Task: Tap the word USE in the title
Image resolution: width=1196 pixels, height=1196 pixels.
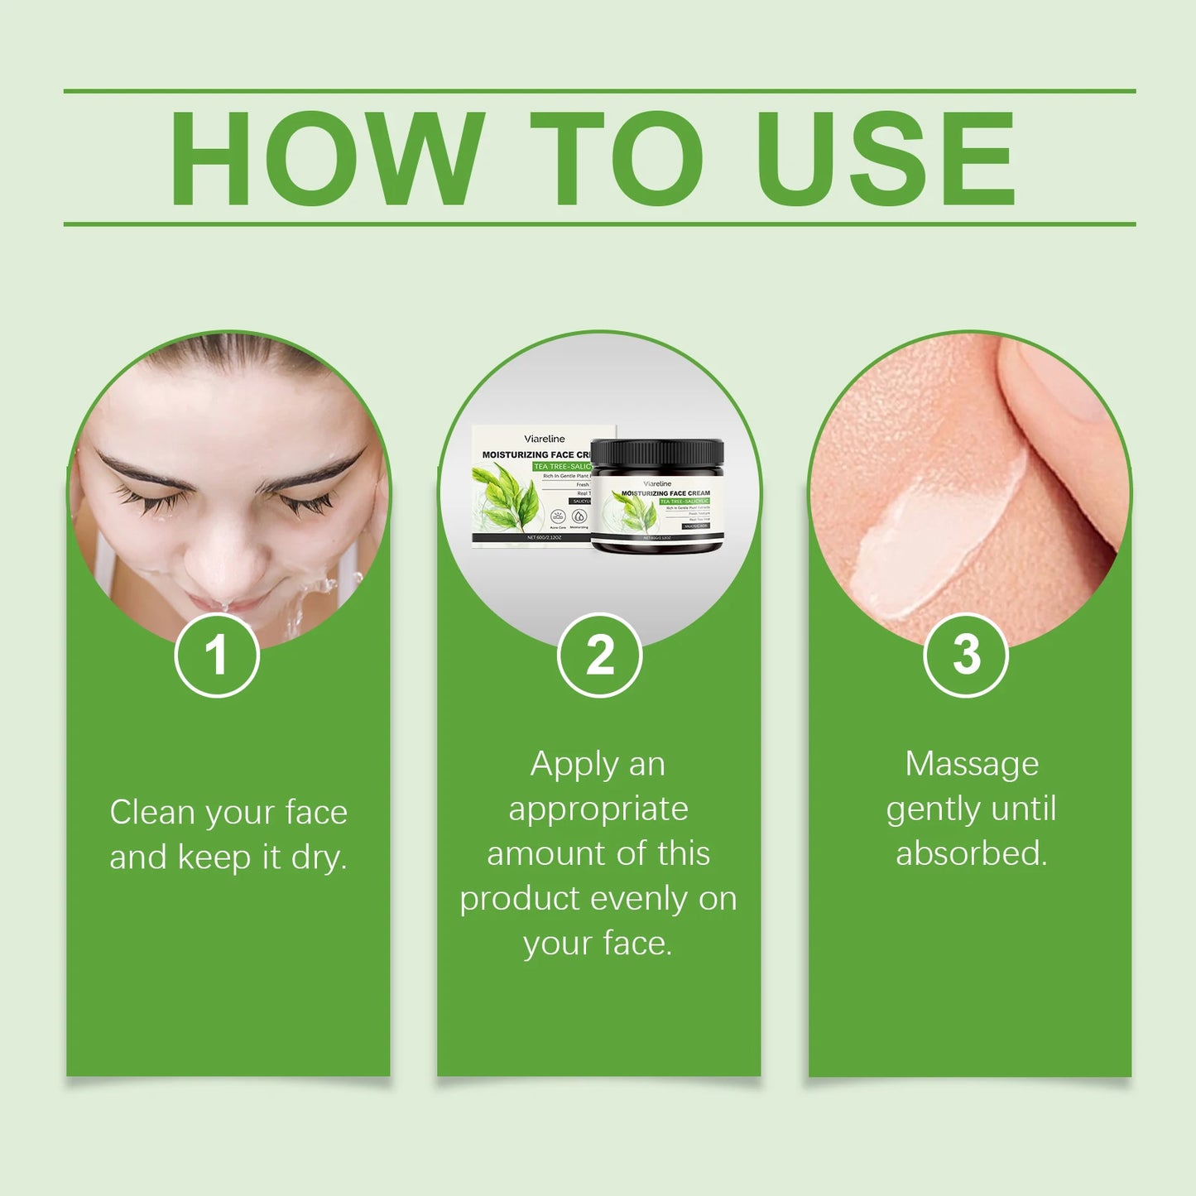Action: [x=885, y=158]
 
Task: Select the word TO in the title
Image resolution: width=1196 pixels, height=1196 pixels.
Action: [x=617, y=158]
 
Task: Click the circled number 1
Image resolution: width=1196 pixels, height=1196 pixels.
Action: [x=217, y=656]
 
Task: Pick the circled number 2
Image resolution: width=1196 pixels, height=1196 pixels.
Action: [x=599, y=656]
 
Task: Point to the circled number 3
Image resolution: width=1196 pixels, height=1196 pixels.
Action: [x=965, y=656]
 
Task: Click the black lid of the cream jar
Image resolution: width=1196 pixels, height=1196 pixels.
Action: [x=657, y=453]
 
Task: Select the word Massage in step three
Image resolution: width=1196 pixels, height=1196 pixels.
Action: [x=972, y=765]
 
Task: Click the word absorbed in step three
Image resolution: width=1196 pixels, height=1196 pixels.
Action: [x=971, y=853]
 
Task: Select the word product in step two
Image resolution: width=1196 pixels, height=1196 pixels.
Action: [x=519, y=900]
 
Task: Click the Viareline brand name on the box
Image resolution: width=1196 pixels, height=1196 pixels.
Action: [x=544, y=439]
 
